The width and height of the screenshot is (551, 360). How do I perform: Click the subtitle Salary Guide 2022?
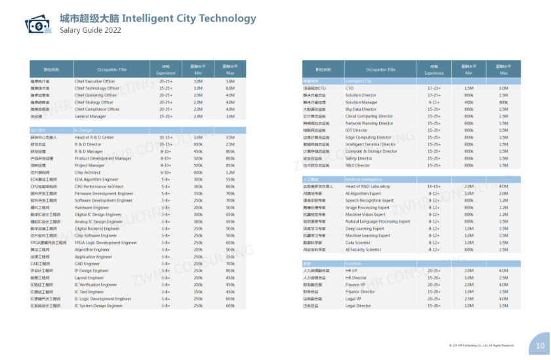pyautogui.click(x=91, y=30)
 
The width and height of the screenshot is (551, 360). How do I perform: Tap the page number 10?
pyautogui.click(x=540, y=346)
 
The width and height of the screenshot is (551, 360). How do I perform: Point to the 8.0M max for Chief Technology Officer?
pyautogui.click(x=230, y=88)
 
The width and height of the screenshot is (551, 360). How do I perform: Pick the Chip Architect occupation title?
pyautogui.click(x=87, y=172)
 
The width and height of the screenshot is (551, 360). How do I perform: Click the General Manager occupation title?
pyautogui.click(x=90, y=116)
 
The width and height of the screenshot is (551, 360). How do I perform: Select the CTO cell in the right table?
pyautogui.click(x=350, y=88)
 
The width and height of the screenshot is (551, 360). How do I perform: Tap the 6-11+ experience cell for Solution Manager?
pyautogui.click(x=434, y=102)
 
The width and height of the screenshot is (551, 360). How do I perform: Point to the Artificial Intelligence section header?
pyautogui.click(x=363, y=179)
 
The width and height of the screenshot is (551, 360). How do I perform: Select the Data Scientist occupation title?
pyautogui.click(x=359, y=242)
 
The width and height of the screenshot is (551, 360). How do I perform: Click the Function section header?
pyautogui.click(x=353, y=263)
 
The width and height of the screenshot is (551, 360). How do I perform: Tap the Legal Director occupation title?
pyautogui.click(x=358, y=306)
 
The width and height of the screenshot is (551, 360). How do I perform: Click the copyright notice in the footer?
pyautogui.click(x=486, y=345)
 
